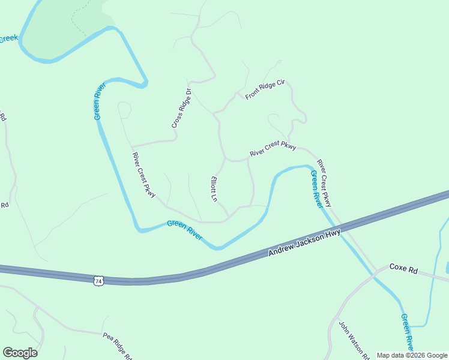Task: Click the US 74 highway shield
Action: pyautogui.click(x=98, y=280)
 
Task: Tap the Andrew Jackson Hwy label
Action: pyautogui.click(x=304, y=243)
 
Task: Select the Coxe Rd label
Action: pyautogui.click(x=403, y=269)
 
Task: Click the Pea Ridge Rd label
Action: pyautogui.click(x=117, y=344)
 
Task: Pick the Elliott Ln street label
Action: pyautogui.click(x=212, y=188)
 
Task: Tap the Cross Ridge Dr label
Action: pyautogui.click(x=181, y=108)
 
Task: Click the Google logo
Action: pyautogui.click(x=20, y=352)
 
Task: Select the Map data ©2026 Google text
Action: pyautogui.click(x=411, y=355)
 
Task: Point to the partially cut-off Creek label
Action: pyautogui.click(x=8, y=39)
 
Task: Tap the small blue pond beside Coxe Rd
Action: pyautogui.click(x=447, y=267)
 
